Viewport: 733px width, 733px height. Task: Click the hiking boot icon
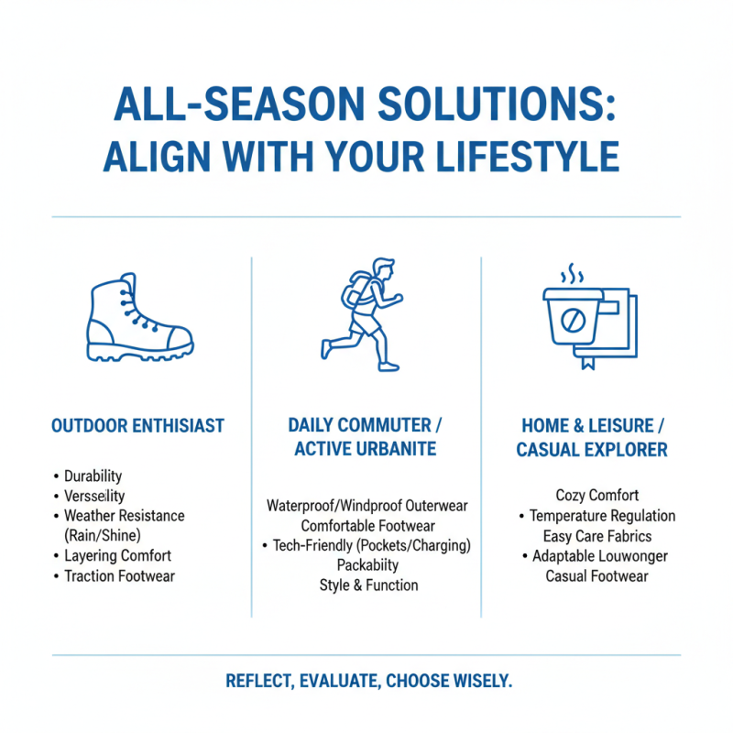tap(139, 322)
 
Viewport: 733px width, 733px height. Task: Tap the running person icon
tap(365, 314)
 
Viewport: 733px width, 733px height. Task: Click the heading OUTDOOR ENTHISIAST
tap(138, 426)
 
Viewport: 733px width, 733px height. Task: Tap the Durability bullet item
tap(93, 476)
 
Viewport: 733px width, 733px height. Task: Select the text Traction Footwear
tap(119, 576)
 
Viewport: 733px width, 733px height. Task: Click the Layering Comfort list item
tap(117, 556)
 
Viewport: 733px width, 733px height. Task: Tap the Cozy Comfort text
tap(596, 496)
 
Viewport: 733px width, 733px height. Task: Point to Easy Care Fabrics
tap(596, 536)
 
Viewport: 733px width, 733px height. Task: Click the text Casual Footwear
tap(596, 576)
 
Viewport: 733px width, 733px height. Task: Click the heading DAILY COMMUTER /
tap(366, 425)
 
